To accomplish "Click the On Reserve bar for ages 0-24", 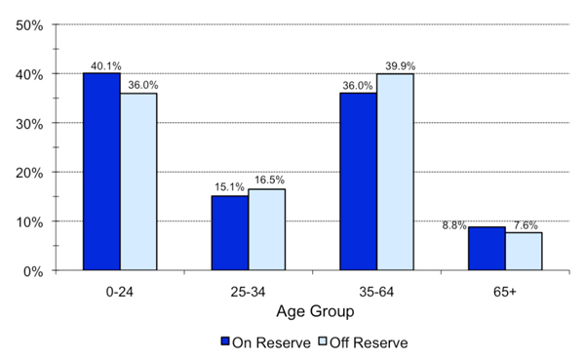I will [x=101, y=173].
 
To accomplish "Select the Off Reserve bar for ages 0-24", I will [x=138, y=182].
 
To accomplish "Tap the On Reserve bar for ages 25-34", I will [x=230, y=233].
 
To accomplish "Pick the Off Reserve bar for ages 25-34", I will [x=266, y=230].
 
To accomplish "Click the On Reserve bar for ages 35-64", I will [x=358, y=182].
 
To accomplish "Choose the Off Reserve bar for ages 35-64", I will [x=395, y=173].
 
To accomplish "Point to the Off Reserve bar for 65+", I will [x=524, y=252].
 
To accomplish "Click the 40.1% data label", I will [x=101, y=66].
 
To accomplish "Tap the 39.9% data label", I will [x=395, y=66].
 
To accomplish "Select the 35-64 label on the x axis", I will [x=376, y=291].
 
